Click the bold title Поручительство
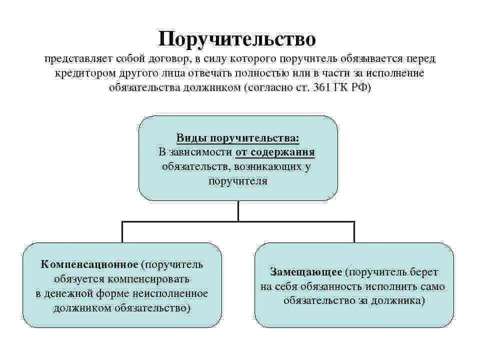click(x=237, y=39)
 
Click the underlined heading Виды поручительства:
click(x=238, y=137)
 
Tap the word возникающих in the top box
click(x=270, y=166)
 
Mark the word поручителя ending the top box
click(x=238, y=180)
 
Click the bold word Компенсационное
click(x=89, y=264)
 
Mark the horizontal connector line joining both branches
click(x=238, y=220)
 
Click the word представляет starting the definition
click(x=78, y=59)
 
